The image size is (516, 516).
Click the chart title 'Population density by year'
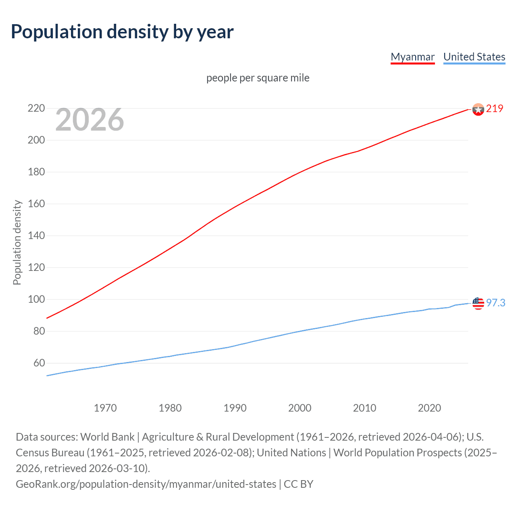[122, 32]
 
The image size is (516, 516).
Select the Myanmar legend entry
[412, 57]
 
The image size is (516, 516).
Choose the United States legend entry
[474, 57]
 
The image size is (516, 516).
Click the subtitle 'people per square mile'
[258, 78]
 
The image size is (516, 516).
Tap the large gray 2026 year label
[89, 119]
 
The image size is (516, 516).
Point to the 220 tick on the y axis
[36, 108]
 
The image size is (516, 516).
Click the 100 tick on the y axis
[36, 300]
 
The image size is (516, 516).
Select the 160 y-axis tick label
[36, 204]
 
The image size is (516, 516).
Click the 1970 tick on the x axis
[105, 408]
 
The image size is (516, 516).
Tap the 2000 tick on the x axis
[300, 408]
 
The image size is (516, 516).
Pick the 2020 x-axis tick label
[429, 408]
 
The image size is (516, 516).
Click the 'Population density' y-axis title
[17, 243]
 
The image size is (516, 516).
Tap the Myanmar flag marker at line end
[478, 109]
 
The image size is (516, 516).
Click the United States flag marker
[478, 303]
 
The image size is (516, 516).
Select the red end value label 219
[494, 108]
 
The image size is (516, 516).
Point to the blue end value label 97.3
[495, 303]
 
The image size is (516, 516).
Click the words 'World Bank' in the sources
[107, 437]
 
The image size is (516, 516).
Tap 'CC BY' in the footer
[298, 484]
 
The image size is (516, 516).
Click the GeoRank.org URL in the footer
[146, 484]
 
